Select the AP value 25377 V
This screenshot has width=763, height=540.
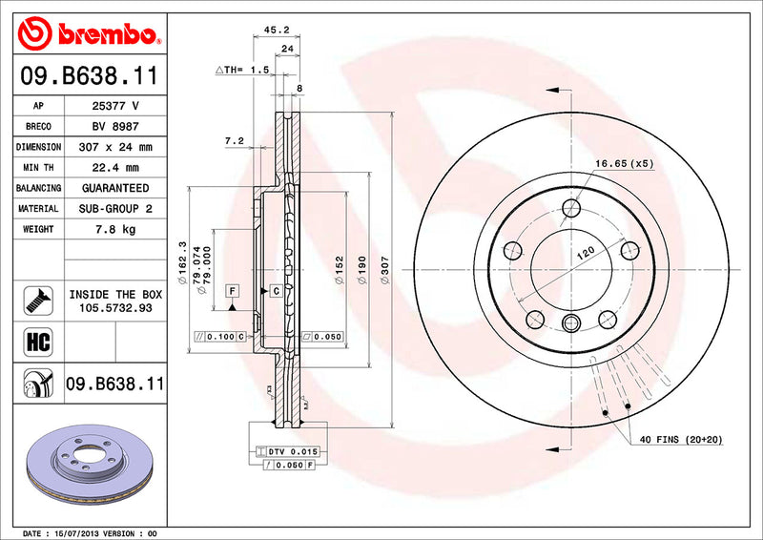[x=114, y=106]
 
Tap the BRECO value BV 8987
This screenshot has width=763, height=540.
[x=114, y=127]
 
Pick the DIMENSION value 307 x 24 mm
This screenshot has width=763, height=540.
[x=114, y=148]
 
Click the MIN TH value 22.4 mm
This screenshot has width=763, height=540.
[x=114, y=168]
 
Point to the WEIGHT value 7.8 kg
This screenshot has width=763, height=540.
[x=114, y=229]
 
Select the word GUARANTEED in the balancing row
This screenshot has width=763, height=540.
[x=114, y=188]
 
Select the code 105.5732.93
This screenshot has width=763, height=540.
[x=114, y=309]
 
